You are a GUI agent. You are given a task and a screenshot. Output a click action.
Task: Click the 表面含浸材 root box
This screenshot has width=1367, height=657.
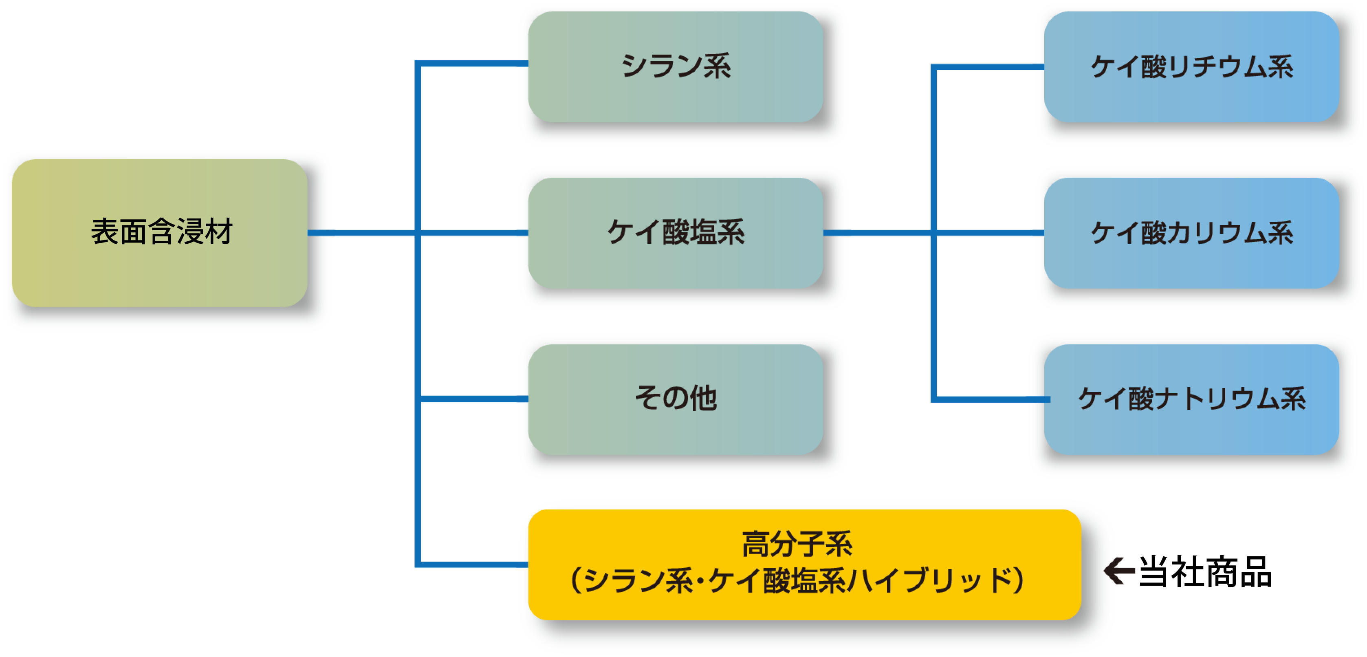click(159, 232)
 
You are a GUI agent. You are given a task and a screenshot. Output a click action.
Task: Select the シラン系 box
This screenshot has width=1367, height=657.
click(675, 66)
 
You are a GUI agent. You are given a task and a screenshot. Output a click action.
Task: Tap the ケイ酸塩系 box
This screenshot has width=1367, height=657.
click(675, 232)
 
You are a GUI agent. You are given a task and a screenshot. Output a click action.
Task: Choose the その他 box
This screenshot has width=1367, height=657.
click(675, 399)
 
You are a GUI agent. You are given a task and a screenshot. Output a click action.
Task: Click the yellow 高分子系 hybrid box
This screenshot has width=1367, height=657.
click(804, 564)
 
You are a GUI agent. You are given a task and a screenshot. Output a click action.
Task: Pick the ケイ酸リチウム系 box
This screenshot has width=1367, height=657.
click(1191, 66)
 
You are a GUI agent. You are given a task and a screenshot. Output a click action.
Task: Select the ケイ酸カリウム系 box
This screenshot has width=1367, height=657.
click(1191, 232)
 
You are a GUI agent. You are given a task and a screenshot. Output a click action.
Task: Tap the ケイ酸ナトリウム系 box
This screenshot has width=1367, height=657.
click(1191, 399)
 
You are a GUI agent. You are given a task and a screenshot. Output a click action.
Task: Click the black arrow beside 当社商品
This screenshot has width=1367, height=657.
click(1118, 571)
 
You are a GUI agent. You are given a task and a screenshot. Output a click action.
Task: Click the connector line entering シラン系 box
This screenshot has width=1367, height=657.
click(472, 64)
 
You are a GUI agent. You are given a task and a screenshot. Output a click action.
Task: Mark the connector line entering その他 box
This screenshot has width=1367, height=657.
click(472, 399)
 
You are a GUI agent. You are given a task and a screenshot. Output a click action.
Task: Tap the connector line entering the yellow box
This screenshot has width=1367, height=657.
click(472, 564)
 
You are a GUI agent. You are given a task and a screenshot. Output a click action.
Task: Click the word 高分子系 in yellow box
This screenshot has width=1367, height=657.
click(797, 544)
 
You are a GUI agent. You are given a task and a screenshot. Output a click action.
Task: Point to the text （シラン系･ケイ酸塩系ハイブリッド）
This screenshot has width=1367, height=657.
click(797, 580)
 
